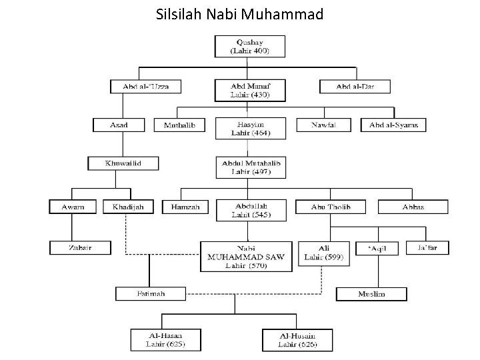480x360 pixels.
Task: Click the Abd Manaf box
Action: point(249,90)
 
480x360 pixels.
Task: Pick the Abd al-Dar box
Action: point(355,87)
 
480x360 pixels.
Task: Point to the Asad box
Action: point(119,125)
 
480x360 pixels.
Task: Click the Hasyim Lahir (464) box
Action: point(249,127)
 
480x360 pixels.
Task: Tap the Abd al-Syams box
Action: point(393,125)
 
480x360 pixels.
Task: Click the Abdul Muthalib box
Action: point(249,167)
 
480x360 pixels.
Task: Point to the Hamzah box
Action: point(185,207)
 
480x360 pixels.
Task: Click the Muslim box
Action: point(371,293)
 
